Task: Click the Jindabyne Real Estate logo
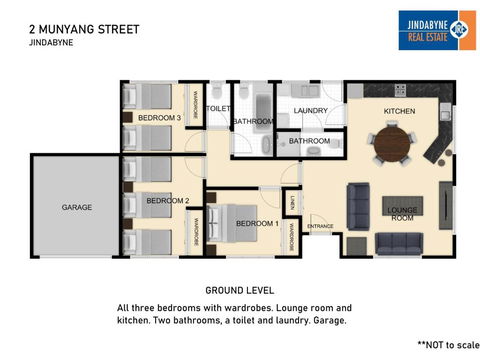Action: click(437, 29)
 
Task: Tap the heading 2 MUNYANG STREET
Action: click(84, 30)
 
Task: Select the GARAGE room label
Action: click(77, 207)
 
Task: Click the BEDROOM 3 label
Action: click(159, 118)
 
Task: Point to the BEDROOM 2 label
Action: click(167, 200)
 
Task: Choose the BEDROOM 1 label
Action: click(257, 223)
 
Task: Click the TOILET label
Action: click(218, 108)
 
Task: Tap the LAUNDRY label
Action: click(311, 110)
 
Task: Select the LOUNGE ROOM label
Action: click(401, 214)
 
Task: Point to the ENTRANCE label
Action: click(320, 227)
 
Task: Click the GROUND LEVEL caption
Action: click(239, 290)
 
